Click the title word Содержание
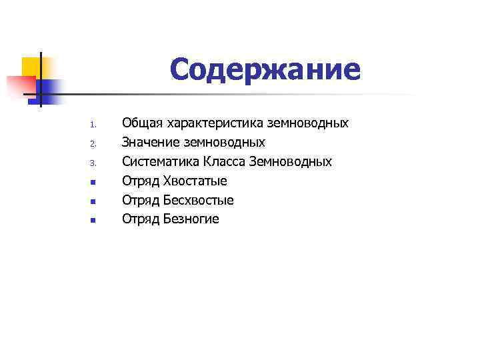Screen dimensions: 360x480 pos(265,70)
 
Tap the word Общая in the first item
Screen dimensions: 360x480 pos(143,123)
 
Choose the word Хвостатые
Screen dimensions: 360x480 pos(197,181)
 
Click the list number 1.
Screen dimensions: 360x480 pos(94,125)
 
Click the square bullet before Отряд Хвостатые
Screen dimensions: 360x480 pos(94,181)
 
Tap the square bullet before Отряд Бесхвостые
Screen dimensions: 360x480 pos(94,201)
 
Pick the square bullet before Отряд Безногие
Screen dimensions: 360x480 pos(94,220)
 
